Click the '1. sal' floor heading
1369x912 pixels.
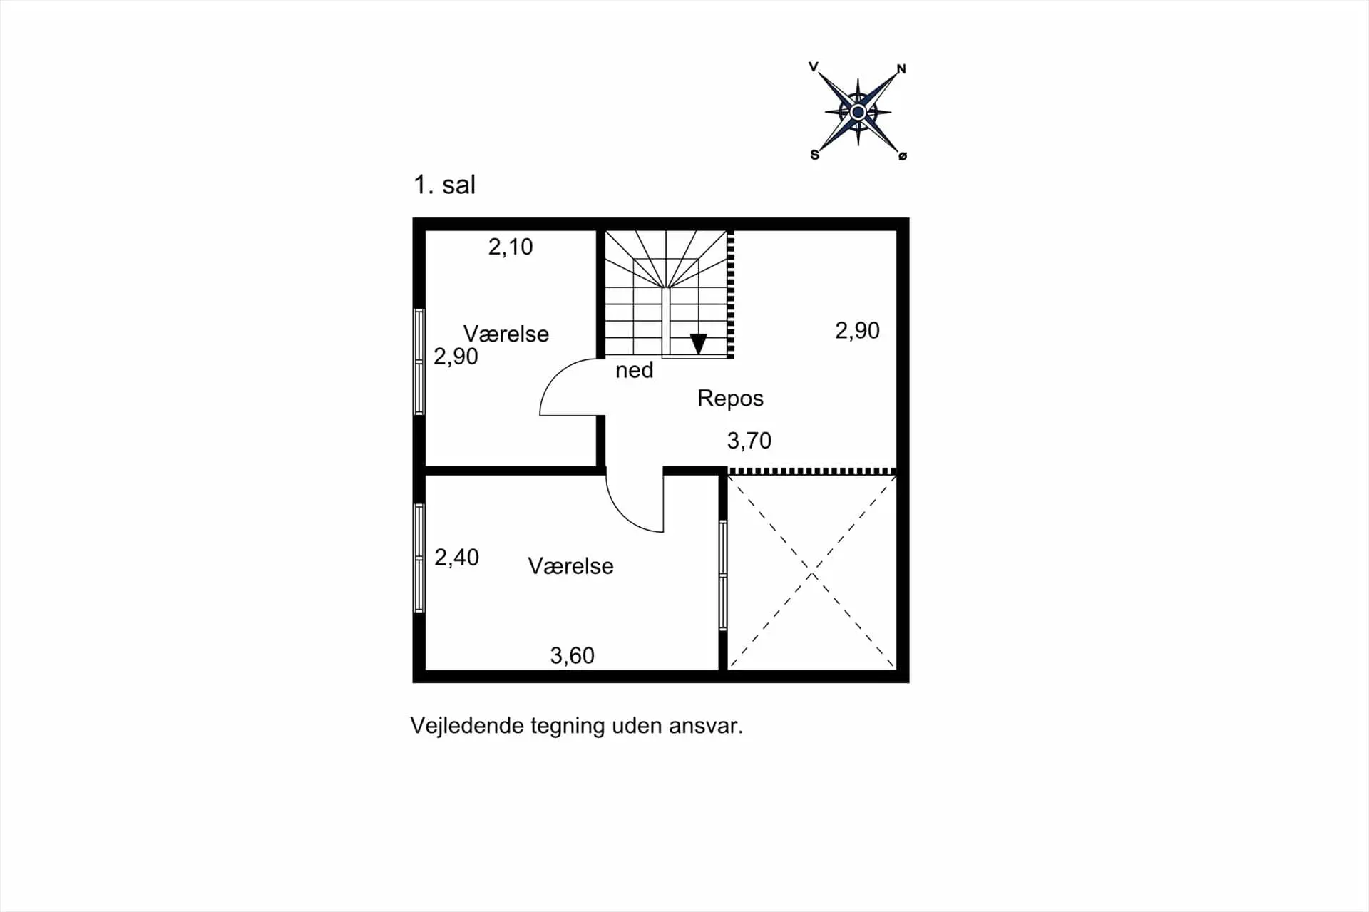pos(444,185)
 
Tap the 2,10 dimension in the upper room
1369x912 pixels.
pos(511,247)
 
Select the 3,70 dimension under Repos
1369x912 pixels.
pos(749,441)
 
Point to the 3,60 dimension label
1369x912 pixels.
pos(573,655)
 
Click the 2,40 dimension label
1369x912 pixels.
pos(457,557)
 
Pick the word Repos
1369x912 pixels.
pos(730,398)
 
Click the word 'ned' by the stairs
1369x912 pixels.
pos(635,370)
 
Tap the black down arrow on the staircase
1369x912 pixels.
pos(699,344)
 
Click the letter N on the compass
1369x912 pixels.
pos(901,69)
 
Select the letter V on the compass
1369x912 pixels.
pos(814,67)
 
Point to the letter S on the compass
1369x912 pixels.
pos(815,155)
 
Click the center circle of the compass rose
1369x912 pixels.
pos(858,112)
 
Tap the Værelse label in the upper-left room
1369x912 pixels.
pos(506,334)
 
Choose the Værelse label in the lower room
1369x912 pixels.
pos(571,566)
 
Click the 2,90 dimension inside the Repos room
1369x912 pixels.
pos(858,331)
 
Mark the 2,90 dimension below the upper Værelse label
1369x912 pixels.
pos(456,357)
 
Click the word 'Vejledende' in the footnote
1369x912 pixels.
pos(467,726)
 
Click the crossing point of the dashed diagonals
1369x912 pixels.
pos(812,572)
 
